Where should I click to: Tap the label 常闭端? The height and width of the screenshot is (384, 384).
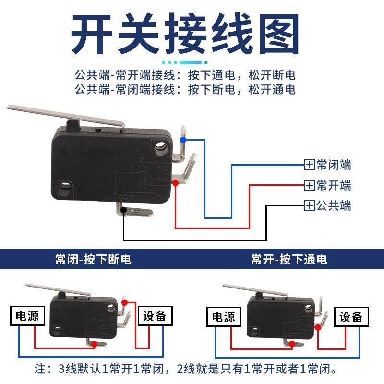(x=334, y=165)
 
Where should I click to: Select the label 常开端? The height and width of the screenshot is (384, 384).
(x=334, y=185)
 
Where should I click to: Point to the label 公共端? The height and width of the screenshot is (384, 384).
(x=334, y=206)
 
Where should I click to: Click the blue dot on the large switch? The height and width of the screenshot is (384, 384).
(x=182, y=139)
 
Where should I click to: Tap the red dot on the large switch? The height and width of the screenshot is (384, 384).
(x=175, y=183)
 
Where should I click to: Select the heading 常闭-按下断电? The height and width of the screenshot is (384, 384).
(x=93, y=260)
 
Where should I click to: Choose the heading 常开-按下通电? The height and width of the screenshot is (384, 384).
(x=289, y=260)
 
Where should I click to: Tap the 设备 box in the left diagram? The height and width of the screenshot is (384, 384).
(x=154, y=316)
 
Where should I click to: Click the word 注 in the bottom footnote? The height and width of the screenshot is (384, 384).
(x=41, y=370)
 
